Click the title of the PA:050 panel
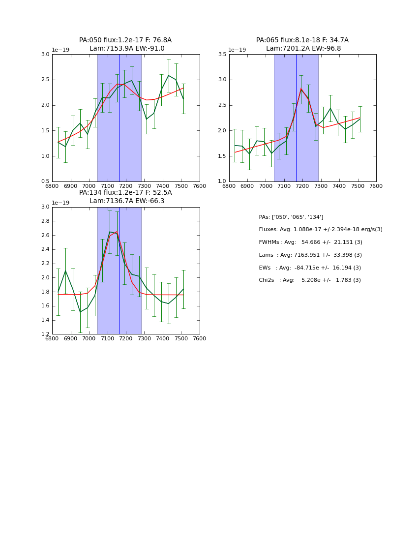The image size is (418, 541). pos(125,44)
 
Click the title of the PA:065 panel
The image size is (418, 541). pos(302,44)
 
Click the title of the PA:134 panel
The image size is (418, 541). pos(125,197)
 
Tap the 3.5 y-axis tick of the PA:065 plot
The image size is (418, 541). pos(222,54)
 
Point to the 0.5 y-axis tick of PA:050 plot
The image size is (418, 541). pos(45,181)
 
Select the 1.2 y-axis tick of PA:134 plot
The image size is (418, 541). pos(45,334)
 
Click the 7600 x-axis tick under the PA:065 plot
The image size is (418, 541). pos(376,186)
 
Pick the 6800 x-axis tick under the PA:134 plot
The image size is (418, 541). pos(52,339)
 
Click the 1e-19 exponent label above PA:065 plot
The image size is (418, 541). pos(237,50)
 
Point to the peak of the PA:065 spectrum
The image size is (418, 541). pos(301,89)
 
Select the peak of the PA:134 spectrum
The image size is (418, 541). pos(110,232)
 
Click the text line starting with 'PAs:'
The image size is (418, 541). pos(291,217)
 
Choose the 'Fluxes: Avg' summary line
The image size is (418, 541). pos(321,230)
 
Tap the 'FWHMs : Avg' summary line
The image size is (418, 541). pos(310,242)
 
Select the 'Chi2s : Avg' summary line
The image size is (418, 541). pos(310,280)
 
